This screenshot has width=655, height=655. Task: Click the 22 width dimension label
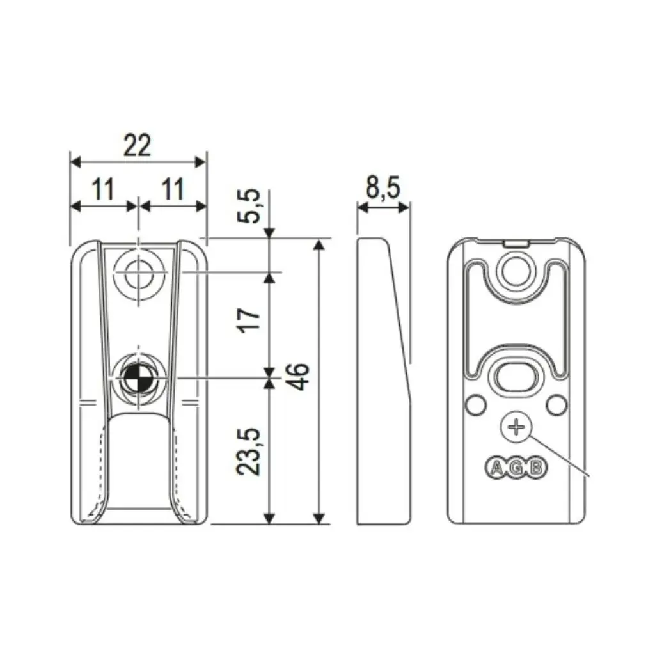137,146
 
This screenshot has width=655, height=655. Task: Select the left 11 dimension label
102,189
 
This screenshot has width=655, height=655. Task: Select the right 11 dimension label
172,189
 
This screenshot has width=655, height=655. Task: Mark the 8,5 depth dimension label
383,189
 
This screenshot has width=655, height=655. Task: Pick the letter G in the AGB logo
516,468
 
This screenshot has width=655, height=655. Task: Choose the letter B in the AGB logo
536,468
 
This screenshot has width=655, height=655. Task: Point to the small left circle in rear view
475,404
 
